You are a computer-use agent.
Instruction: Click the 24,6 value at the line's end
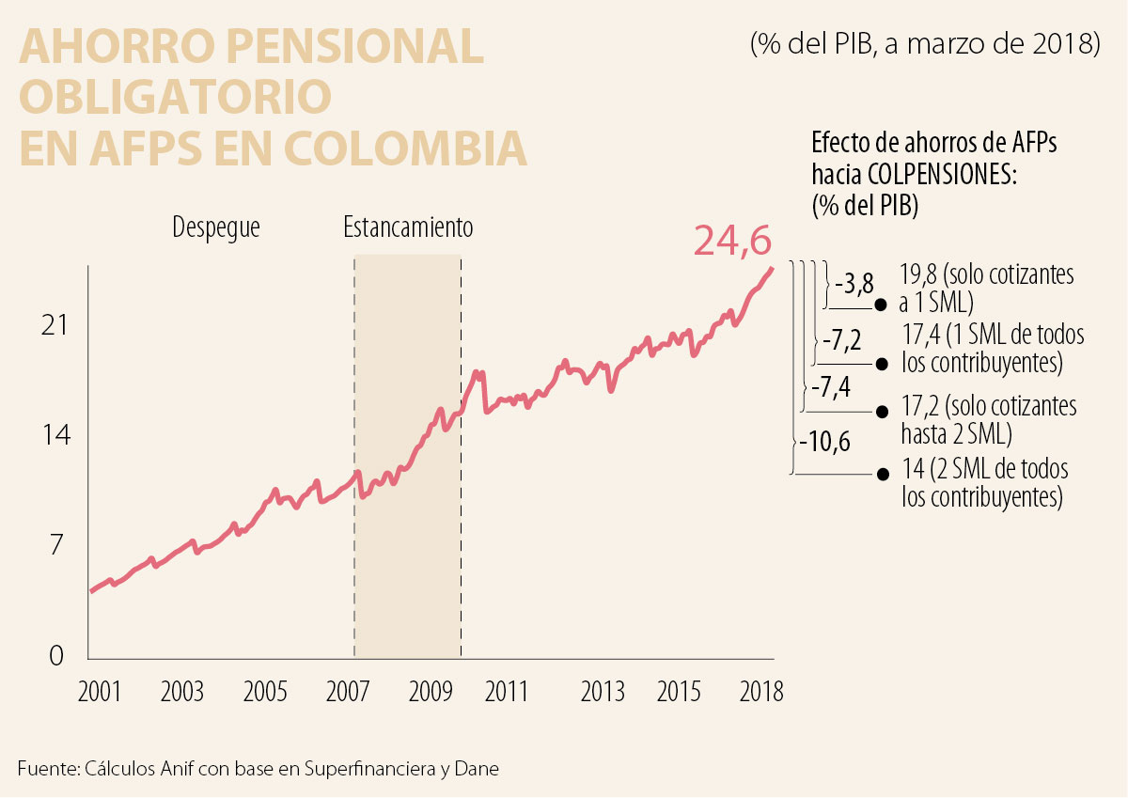[732, 241]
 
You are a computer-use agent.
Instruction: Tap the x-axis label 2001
[99, 692]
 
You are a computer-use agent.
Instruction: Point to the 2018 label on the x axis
[761, 692]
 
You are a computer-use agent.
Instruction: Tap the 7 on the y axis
[56, 545]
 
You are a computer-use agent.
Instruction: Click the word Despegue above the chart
[215, 227]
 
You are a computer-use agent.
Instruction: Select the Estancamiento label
[408, 227]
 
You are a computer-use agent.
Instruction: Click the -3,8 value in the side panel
[854, 283]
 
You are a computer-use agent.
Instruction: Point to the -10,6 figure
[824, 441]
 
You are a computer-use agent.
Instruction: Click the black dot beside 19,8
[881, 305]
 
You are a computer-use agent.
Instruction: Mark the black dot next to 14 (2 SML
[881, 475]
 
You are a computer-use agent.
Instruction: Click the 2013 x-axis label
[603, 692]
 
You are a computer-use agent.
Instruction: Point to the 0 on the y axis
[56, 656]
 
